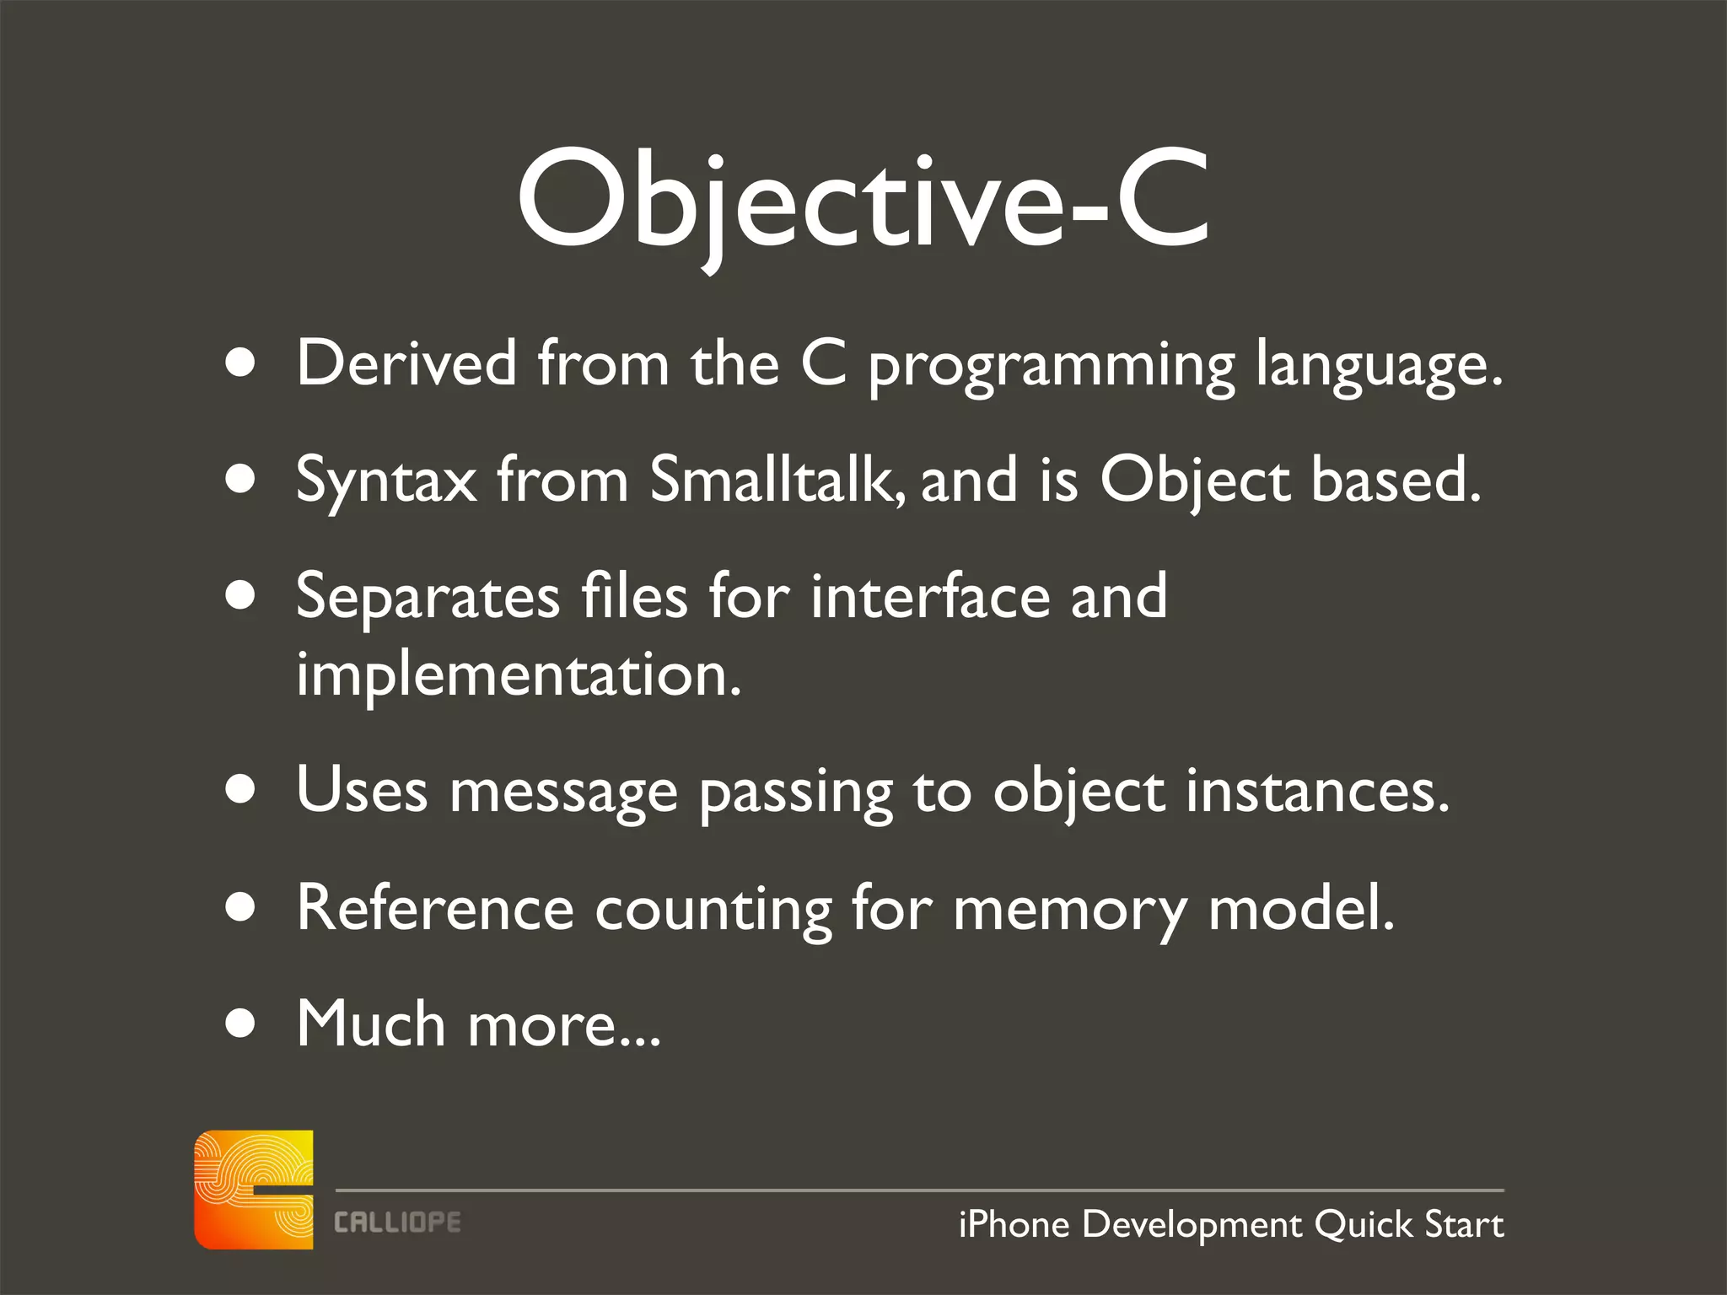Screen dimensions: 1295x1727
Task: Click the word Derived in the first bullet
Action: [406, 363]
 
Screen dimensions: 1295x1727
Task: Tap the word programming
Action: [1051, 365]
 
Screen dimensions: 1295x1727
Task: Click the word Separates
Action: [428, 597]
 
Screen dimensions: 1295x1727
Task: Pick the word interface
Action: [929, 596]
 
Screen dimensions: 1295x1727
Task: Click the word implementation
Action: [518, 675]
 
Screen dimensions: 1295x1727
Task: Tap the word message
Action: [562, 793]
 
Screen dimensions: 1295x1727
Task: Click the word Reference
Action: [434, 908]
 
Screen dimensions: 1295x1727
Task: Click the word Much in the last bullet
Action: [370, 1024]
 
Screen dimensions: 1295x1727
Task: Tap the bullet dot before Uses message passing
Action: [241, 791]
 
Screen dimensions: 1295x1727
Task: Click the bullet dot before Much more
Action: [241, 1024]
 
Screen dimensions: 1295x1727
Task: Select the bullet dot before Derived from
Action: [241, 363]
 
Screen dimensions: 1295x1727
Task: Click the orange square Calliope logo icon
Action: [253, 1190]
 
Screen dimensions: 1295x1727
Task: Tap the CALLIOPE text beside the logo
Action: [397, 1222]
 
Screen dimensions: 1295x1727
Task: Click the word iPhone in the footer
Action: [1014, 1224]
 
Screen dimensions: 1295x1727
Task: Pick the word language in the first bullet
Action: [1378, 365]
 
